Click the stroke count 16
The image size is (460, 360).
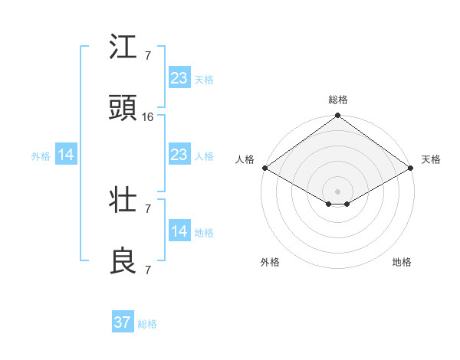(148, 117)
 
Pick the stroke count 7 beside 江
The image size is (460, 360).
(148, 56)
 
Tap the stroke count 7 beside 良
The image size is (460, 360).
(148, 270)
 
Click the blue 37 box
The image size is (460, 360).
(123, 322)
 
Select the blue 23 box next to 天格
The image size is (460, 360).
(179, 77)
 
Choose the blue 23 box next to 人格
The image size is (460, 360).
(179, 155)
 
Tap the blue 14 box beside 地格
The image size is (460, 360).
(179, 231)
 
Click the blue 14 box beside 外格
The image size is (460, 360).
(66, 155)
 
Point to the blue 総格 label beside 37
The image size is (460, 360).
(147, 324)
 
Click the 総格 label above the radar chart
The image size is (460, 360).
(338, 100)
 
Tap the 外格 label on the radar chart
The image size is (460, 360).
(270, 262)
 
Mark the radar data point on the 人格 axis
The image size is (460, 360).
(264, 168)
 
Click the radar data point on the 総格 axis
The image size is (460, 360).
(338, 116)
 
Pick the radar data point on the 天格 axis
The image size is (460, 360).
(412, 168)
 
